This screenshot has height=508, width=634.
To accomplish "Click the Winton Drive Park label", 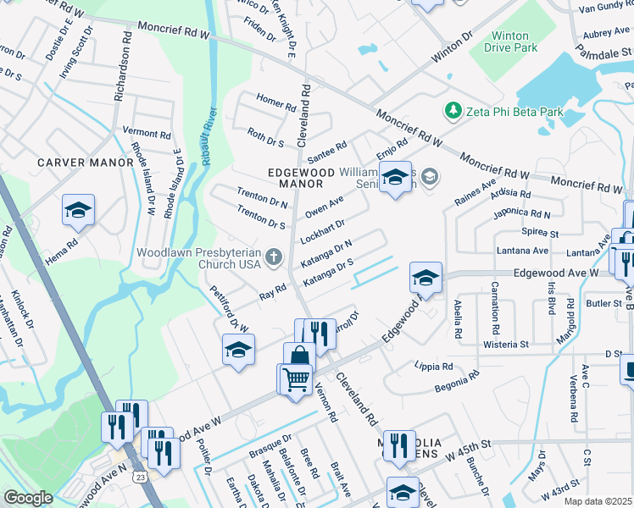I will (x=511, y=42).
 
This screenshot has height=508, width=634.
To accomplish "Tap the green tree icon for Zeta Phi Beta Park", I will (x=453, y=111).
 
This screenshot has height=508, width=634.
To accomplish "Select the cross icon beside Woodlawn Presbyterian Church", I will (x=273, y=256).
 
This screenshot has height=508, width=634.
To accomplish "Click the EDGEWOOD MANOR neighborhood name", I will (x=295, y=177).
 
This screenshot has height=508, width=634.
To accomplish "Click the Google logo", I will (x=28, y=498).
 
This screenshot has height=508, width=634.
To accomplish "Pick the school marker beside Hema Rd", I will (x=78, y=211).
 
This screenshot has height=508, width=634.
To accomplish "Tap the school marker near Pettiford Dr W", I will (x=239, y=350).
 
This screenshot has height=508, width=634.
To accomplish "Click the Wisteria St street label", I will (x=506, y=345).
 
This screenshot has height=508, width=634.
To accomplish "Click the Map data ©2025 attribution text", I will (x=598, y=501).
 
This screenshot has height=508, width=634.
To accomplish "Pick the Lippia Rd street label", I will (x=435, y=366).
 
